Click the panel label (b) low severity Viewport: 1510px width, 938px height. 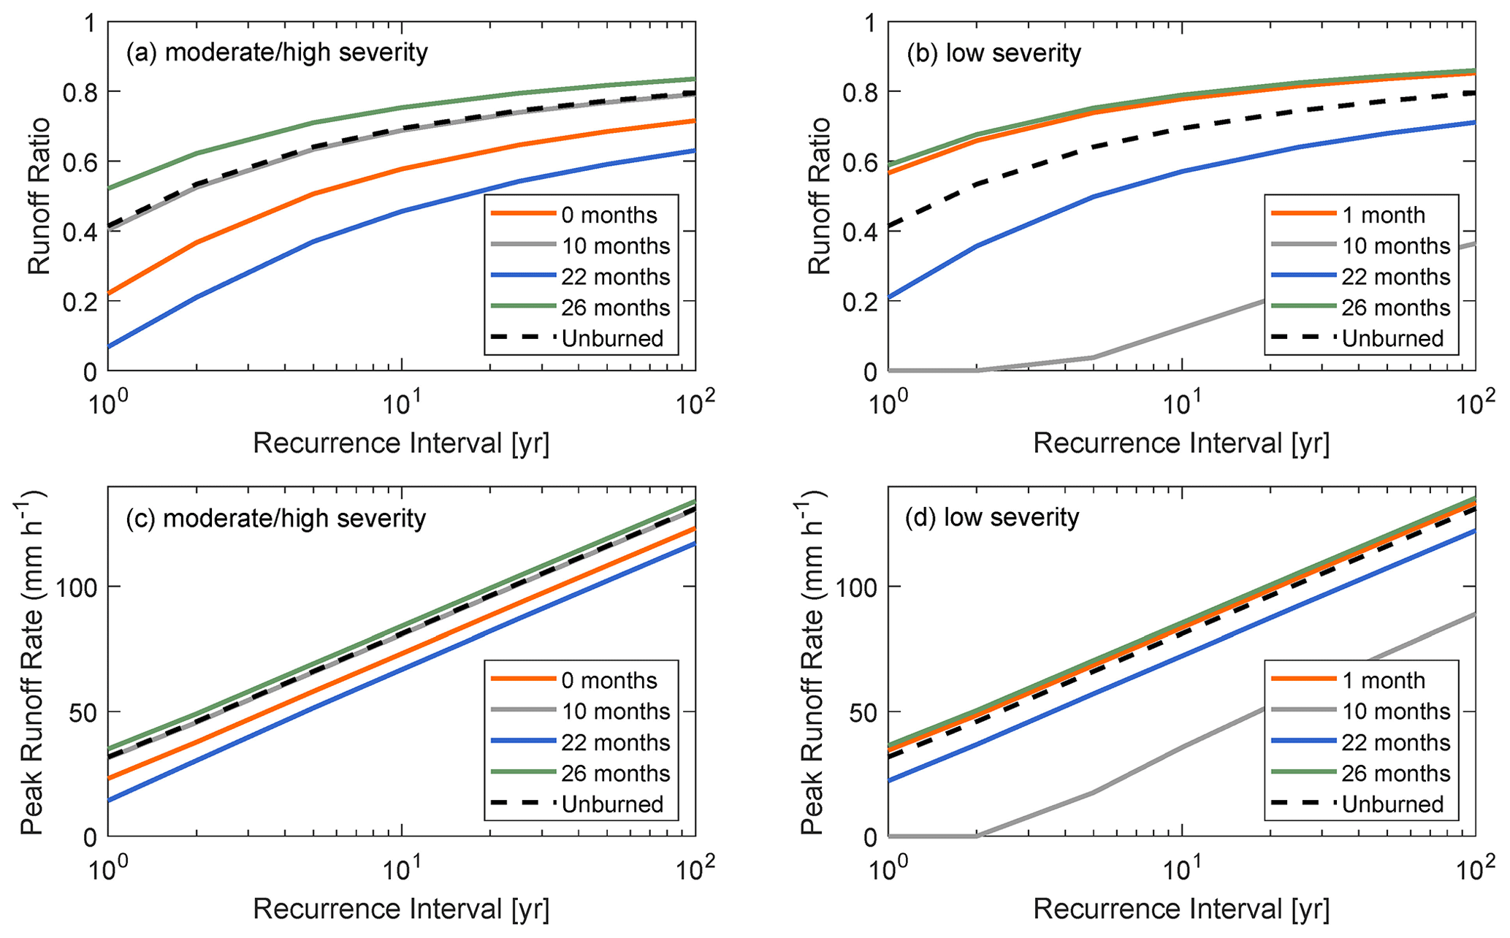pos(994,53)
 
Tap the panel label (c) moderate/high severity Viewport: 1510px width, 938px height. pos(275,518)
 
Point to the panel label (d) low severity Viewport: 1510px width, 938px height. pos(992,517)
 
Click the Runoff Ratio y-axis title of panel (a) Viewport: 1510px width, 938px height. pos(40,196)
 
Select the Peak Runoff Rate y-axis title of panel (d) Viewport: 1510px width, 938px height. pos(813,661)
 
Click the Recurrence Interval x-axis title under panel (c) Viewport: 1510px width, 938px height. pos(401,909)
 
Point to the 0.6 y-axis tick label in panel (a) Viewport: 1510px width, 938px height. pos(80,162)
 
